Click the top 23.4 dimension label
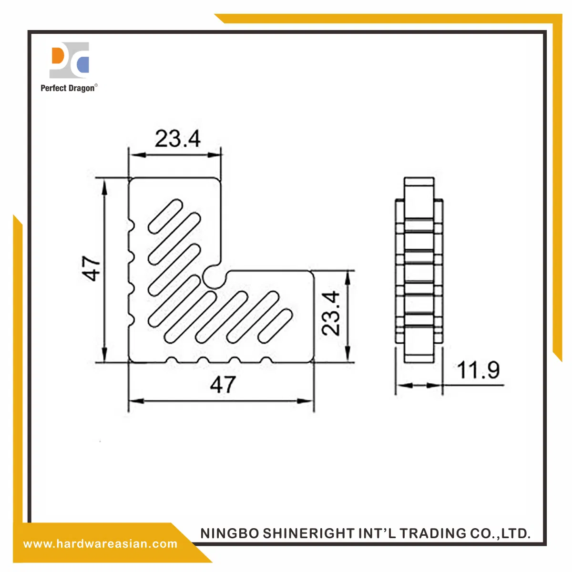pyautogui.click(x=177, y=139)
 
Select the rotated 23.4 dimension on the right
pyautogui.click(x=332, y=313)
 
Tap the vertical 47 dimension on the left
pyautogui.click(x=92, y=268)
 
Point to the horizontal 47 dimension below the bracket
pyautogui.click(x=223, y=384)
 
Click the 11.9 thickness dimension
pyautogui.click(x=478, y=370)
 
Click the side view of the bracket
pyautogui.click(x=419, y=270)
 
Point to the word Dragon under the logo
pyautogui.click(x=82, y=88)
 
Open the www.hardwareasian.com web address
pyautogui.click(x=100, y=544)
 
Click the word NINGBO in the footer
pyautogui.click(x=229, y=533)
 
